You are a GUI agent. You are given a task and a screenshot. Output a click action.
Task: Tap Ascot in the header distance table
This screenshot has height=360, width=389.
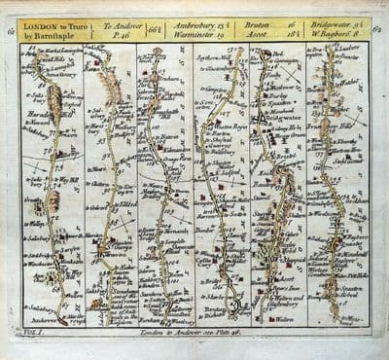255,32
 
